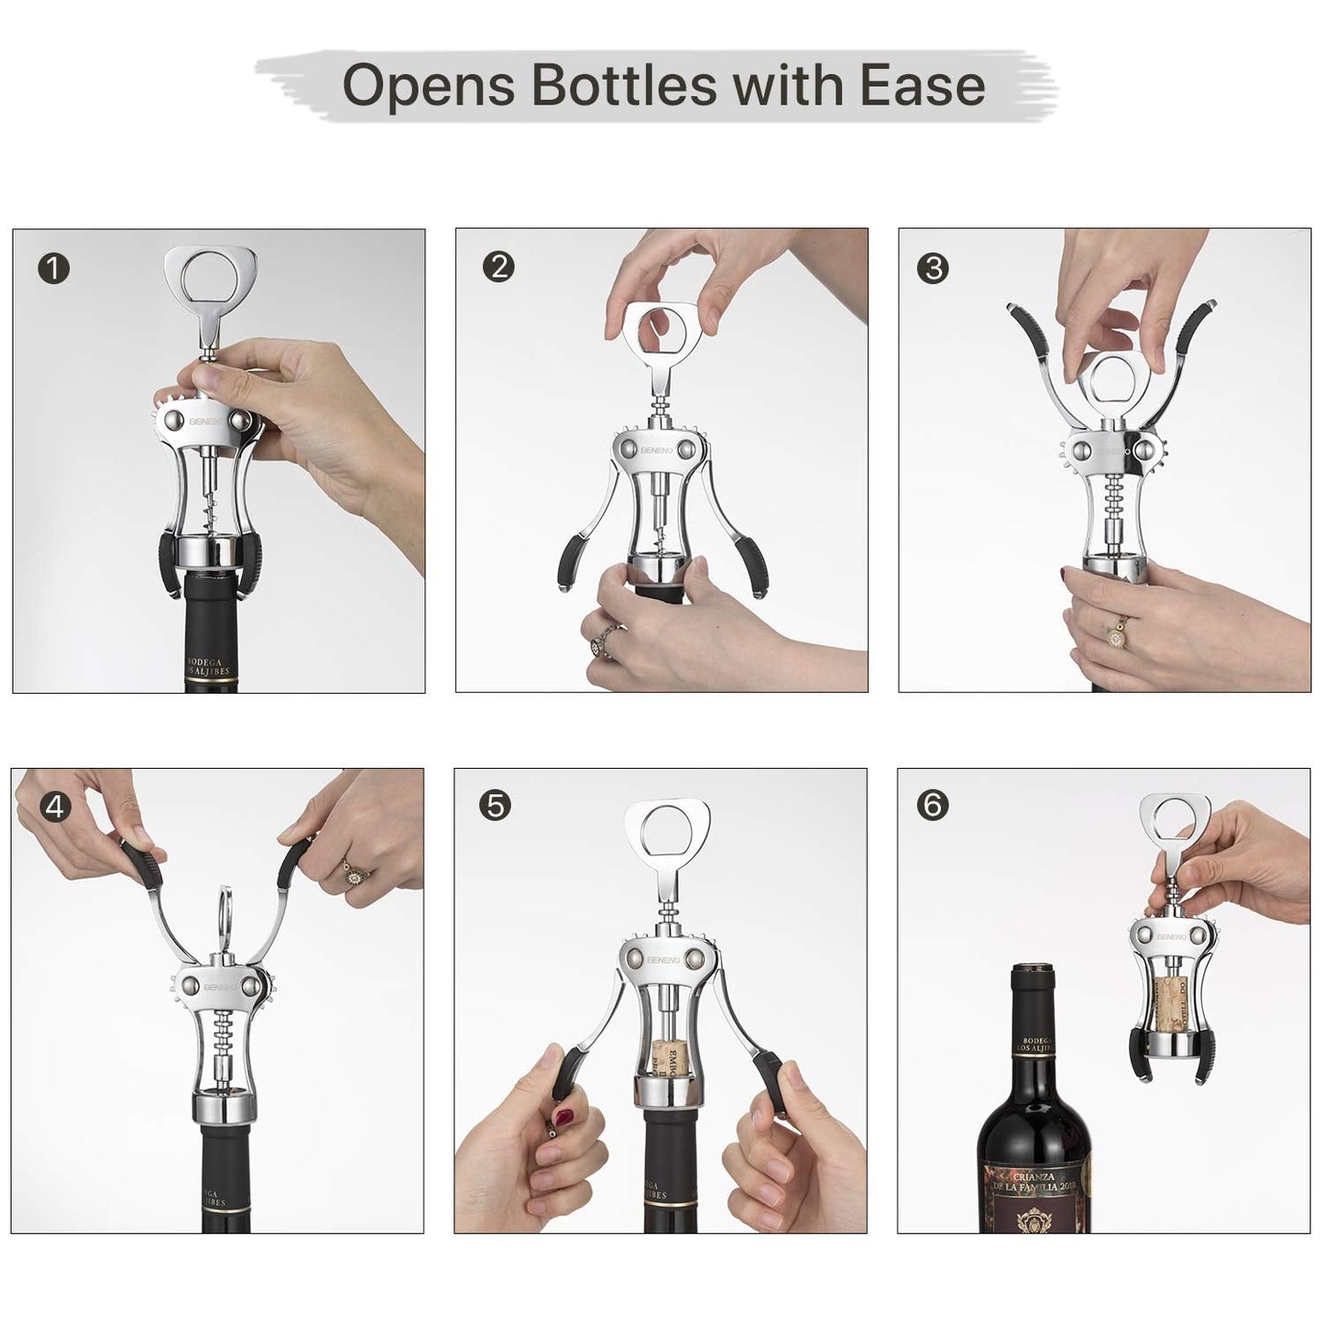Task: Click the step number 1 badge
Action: pos(54,269)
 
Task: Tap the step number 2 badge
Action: pos(498,268)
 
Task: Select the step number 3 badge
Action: pos(933,268)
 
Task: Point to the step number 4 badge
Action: pos(54,807)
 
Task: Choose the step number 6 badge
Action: pos(933,805)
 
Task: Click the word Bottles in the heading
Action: pos(623,86)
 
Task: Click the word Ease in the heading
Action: pos(922,86)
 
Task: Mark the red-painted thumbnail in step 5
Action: pos(565,1118)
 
